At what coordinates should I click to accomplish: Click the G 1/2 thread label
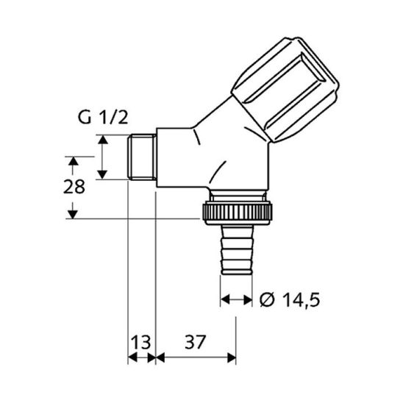[x=103, y=118]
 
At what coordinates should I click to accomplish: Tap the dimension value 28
[x=74, y=187]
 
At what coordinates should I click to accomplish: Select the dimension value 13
[x=141, y=342]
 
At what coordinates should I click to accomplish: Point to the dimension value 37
[x=196, y=342]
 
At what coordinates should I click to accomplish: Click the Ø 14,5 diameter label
[x=290, y=300]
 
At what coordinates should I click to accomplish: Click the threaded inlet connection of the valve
[x=142, y=157]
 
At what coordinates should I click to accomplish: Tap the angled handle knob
[x=285, y=90]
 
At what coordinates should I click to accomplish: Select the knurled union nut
[x=237, y=211]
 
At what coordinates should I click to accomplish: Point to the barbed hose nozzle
[x=237, y=250]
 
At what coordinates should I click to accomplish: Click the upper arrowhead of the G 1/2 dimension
[x=103, y=140]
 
